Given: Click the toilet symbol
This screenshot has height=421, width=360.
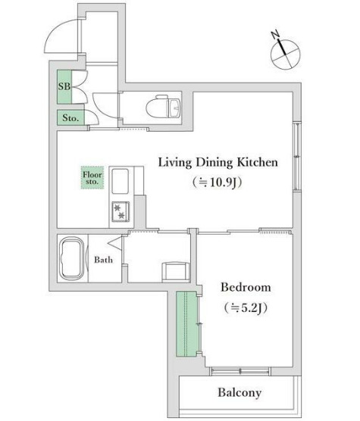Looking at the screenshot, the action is click(x=163, y=107).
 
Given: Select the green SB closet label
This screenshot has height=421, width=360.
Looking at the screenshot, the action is click(x=64, y=87).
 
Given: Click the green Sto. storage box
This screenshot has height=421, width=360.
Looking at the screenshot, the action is click(x=70, y=117).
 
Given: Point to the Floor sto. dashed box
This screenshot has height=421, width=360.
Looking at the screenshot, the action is click(x=92, y=178).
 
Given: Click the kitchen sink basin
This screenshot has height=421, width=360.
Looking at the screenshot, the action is click(x=120, y=181).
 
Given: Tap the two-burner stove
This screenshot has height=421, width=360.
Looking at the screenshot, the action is click(x=121, y=211).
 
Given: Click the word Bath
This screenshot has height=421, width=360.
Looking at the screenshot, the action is click(x=103, y=260).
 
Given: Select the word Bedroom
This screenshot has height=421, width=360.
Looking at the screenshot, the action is click(x=246, y=287).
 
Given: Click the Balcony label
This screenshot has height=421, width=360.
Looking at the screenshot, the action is click(x=239, y=392).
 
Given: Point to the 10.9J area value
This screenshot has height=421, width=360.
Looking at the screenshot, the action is click(x=218, y=182).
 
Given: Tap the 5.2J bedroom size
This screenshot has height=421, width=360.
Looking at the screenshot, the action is click(x=246, y=307).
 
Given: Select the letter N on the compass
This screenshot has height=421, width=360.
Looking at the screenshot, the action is click(x=275, y=35).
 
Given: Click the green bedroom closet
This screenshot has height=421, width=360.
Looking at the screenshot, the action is click(x=187, y=324).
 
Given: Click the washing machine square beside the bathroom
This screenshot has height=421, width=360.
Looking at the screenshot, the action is click(x=176, y=271).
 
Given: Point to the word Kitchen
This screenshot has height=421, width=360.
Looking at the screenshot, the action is click(x=257, y=162).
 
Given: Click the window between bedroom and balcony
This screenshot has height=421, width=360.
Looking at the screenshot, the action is click(x=240, y=371).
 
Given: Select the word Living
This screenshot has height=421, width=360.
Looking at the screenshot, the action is click(x=175, y=163).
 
